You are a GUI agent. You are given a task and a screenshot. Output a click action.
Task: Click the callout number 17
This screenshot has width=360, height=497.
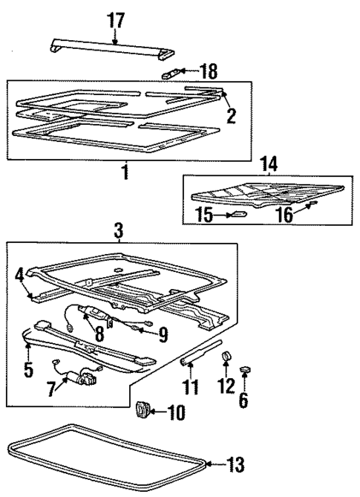[x=115, y=22]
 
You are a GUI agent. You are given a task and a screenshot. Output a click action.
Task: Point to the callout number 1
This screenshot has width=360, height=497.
[x=125, y=173]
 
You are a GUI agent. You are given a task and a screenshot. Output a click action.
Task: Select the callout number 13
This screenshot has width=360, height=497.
[x=235, y=465]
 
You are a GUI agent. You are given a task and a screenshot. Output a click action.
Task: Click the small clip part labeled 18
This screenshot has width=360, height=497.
[x=171, y=73]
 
